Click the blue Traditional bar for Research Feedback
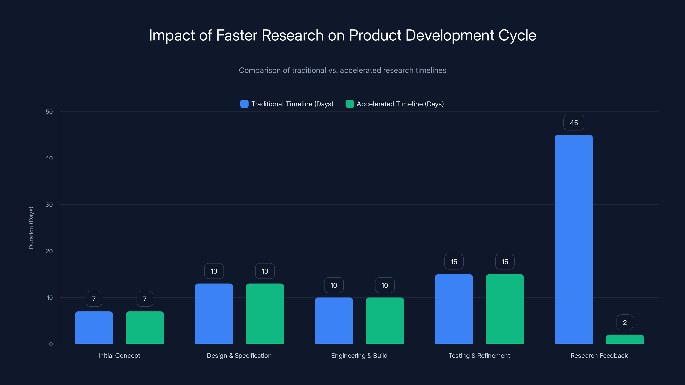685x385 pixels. (x=574, y=239)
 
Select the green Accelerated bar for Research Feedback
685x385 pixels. (x=625, y=339)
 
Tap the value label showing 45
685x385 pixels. (x=574, y=123)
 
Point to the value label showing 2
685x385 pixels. (x=625, y=323)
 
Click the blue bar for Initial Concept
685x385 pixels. (x=94, y=328)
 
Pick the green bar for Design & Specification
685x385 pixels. (x=265, y=314)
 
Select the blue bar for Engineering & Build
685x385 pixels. (x=334, y=321)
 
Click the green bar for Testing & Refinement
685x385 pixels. (x=505, y=309)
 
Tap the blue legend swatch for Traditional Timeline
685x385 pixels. (x=244, y=104)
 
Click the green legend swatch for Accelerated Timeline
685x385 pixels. (x=349, y=104)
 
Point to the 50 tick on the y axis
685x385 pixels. (x=49, y=112)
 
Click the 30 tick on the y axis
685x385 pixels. (x=49, y=205)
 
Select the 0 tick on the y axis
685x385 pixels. (x=51, y=344)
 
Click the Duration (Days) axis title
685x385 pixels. (x=31, y=228)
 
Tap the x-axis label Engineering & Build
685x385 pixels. (x=359, y=355)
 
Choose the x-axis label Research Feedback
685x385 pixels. (x=599, y=355)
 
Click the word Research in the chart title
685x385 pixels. (x=292, y=35)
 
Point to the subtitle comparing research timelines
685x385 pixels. (x=342, y=70)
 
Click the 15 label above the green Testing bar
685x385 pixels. (x=505, y=262)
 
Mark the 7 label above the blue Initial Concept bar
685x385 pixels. (x=94, y=299)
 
